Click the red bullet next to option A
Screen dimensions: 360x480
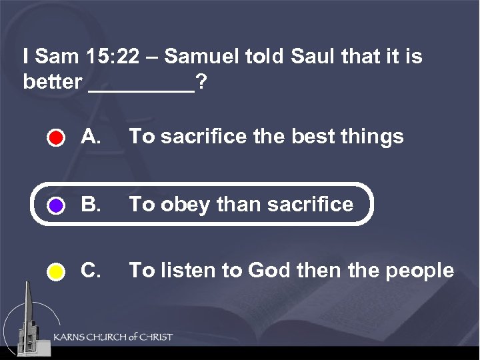[56, 139]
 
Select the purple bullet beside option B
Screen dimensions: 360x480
[56, 205]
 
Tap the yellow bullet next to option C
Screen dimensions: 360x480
[56, 272]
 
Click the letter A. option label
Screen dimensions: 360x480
[91, 137]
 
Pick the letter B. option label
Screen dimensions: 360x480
[91, 203]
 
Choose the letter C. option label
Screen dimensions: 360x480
[91, 270]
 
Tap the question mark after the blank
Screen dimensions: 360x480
[201, 83]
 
